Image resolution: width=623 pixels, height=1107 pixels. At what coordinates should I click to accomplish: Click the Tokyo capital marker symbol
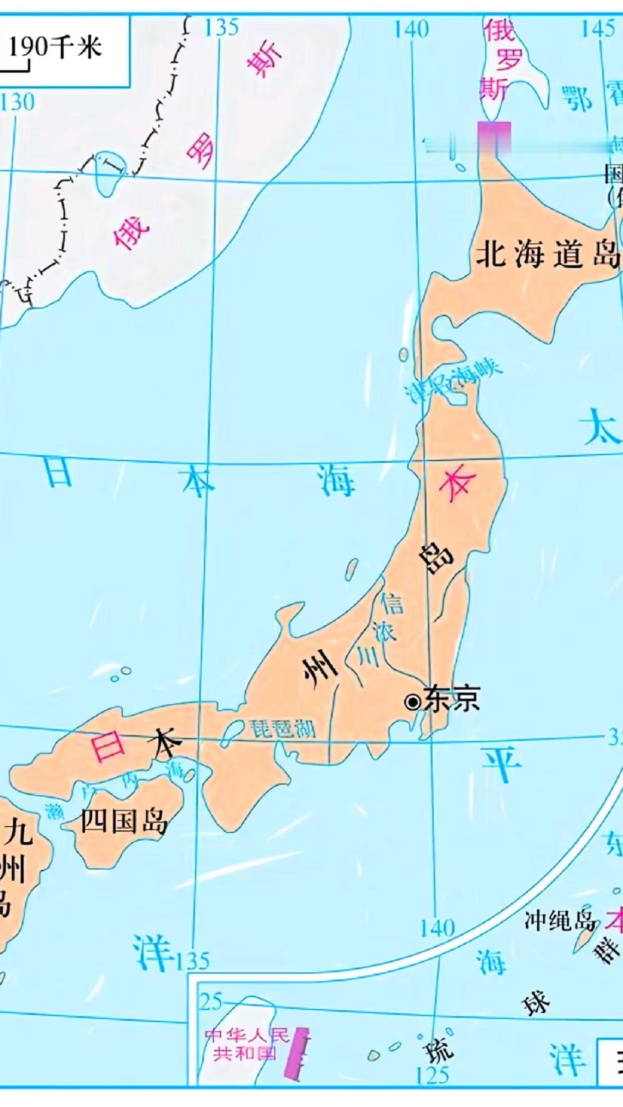pyautogui.click(x=413, y=702)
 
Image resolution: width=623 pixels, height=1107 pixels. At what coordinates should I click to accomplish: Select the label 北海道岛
pyautogui.click(x=547, y=253)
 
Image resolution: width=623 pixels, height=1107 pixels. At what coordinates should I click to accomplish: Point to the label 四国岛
pyautogui.click(x=123, y=821)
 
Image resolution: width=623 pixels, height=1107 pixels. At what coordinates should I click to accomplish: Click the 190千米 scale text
pyautogui.click(x=55, y=48)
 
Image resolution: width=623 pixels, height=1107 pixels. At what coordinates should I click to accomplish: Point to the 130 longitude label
pyautogui.click(x=18, y=102)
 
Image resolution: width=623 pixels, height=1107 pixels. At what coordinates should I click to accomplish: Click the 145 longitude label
pyautogui.click(x=598, y=29)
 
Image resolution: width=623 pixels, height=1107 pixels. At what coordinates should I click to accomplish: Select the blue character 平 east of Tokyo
pyautogui.click(x=501, y=764)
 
